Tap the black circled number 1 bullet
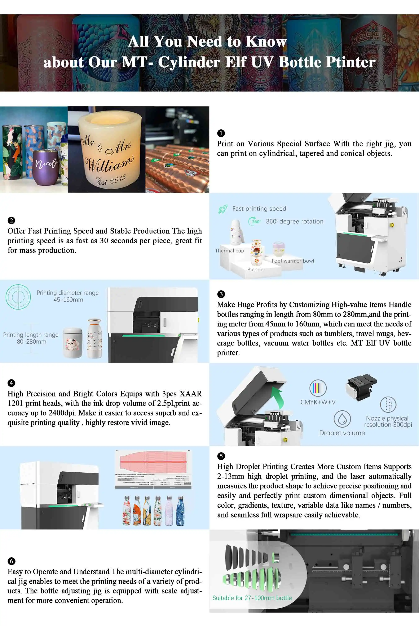(x=221, y=133)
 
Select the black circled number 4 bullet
(x=11, y=383)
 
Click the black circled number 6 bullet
(x=11, y=561)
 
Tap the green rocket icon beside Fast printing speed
(x=223, y=209)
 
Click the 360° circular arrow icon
(x=255, y=221)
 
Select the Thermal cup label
(x=229, y=251)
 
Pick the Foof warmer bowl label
(x=293, y=261)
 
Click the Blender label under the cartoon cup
(x=256, y=269)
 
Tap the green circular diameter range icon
(x=18, y=297)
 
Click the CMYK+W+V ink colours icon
(x=318, y=388)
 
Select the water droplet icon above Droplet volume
(x=342, y=419)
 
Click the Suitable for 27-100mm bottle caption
(x=252, y=598)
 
